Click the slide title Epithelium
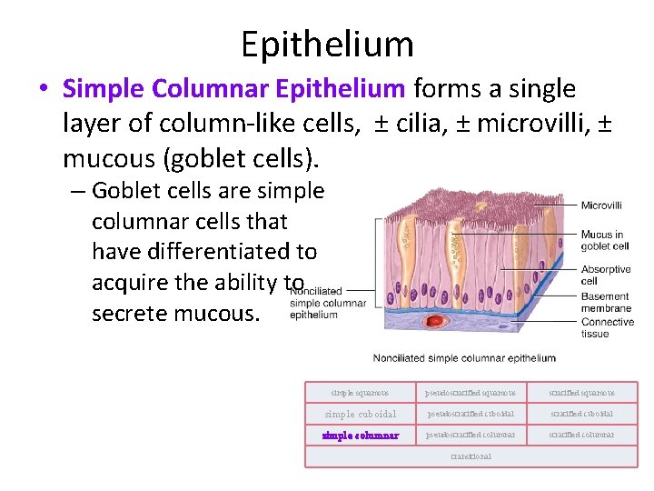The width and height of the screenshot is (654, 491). tap(327, 43)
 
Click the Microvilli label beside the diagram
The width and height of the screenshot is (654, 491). tap(601, 205)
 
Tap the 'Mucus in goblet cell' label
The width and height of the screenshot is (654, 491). tap(605, 240)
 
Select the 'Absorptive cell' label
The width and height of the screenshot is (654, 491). tap(606, 275)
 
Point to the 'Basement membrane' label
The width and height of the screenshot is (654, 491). tap(605, 302)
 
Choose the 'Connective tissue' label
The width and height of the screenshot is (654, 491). tap(608, 327)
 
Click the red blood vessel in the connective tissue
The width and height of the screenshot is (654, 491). tap(442, 321)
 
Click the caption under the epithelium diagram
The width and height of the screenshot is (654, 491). tap(464, 358)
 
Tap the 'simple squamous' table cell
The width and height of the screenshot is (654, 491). tap(360, 393)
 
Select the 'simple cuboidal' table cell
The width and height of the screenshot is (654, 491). tap(360, 414)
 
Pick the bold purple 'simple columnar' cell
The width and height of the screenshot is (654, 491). tap(360, 435)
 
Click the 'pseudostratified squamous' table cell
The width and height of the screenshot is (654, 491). tap(471, 393)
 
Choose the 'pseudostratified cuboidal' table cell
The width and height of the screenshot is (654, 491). tap(471, 414)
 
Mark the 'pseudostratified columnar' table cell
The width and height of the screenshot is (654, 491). tap(471, 435)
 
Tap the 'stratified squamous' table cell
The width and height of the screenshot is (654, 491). tap(581, 393)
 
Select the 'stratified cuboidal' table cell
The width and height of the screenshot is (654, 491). tap(581, 414)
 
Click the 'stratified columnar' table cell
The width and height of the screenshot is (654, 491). tap(581, 435)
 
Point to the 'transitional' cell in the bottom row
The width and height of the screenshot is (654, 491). tap(471, 456)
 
